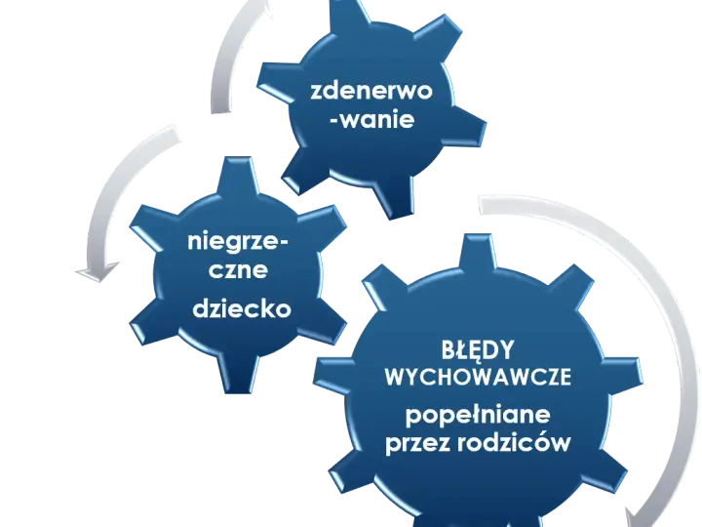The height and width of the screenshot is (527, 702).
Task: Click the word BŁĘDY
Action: [477, 350]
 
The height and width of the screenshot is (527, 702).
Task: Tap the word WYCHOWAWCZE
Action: [478, 377]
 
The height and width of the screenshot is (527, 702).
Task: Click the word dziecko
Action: [242, 308]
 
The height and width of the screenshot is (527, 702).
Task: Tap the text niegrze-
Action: [238, 243]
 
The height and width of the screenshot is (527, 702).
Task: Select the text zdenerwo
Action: [371, 91]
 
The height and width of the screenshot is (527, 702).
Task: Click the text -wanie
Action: [372, 120]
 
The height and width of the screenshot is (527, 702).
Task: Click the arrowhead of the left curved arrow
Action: [97, 271]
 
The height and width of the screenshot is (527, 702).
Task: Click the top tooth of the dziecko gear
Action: [237, 176]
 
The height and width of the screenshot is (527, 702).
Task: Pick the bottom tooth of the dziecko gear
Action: [238, 373]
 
